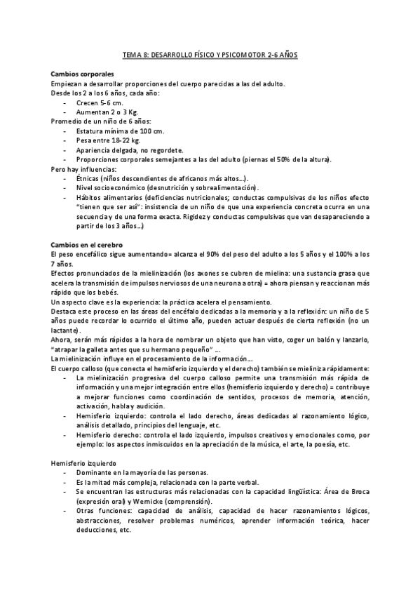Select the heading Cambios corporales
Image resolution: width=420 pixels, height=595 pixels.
click(x=83, y=74)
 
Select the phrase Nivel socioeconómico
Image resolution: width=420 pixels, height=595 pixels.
click(x=112, y=188)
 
